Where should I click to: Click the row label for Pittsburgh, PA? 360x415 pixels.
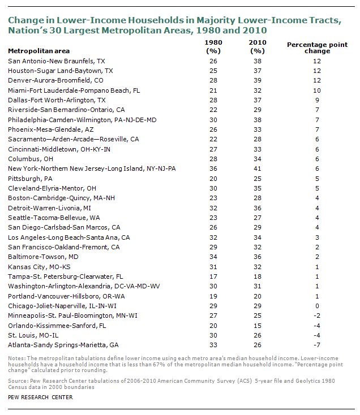point(30,179)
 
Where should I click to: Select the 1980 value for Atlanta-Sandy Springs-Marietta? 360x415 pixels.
point(213,345)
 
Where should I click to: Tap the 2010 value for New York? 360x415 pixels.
point(258,168)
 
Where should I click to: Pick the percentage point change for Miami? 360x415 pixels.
point(317,90)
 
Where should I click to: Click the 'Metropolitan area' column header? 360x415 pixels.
point(39,51)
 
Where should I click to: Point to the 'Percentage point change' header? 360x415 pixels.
point(318,47)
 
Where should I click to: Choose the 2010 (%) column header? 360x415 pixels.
point(258,46)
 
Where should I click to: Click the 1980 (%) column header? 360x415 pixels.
point(213,46)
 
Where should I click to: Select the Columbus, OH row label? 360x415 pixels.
point(31,159)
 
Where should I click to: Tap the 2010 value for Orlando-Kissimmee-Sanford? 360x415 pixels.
point(258,326)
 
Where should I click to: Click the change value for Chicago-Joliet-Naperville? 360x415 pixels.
point(317,306)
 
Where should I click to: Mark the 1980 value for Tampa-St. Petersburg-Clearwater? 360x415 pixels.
point(213,276)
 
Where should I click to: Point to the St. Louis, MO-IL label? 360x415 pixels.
point(33,335)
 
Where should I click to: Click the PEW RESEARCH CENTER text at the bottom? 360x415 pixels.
point(40,397)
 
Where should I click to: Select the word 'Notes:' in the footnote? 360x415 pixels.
point(17,358)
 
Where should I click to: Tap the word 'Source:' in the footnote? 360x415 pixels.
point(18,381)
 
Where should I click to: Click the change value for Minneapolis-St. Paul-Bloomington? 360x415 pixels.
point(317,315)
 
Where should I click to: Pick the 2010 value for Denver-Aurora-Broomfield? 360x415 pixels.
point(258,80)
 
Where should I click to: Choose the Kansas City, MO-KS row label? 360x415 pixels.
point(39,267)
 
